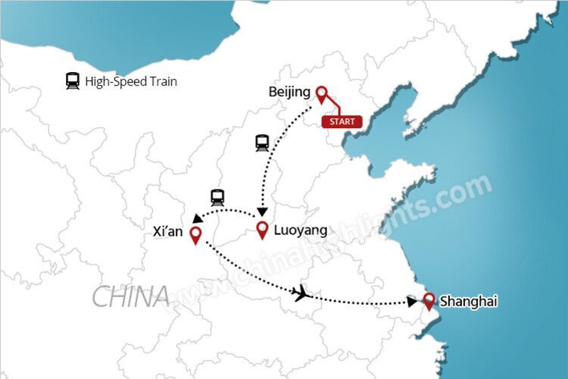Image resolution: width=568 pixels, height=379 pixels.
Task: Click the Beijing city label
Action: click(x=289, y=92)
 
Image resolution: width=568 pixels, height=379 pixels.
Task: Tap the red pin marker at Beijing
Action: click(x=321, y=94)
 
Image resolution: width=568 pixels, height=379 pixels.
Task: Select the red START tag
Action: click(x=342, y=121)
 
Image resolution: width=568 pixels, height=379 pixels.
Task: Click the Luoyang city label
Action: click(x=301, y=230)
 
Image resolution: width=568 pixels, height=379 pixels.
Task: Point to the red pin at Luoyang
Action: click(x=263, y=230)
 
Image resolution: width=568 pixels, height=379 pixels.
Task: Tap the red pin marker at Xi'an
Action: click(x=195, y=235)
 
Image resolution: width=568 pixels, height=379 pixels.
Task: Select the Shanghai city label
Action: click(x=468, y=301)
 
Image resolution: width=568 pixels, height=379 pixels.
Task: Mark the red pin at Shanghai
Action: click(x=429, y=301)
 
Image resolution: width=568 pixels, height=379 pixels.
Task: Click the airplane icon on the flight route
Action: click(x=303, y=293)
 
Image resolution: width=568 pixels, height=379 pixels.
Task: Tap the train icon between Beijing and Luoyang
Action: click(x=263, y=142)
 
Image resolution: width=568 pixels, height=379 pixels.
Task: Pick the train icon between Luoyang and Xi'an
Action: click(x=218, y=197)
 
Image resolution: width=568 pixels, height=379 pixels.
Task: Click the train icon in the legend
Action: click(x=73, y=81)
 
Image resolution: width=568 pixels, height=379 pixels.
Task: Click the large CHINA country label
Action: click(x=130, y=296)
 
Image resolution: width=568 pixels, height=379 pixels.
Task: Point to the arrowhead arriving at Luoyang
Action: click(x=262, y=211)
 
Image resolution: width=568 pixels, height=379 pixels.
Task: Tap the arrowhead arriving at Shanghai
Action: click(x=412, y=302)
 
